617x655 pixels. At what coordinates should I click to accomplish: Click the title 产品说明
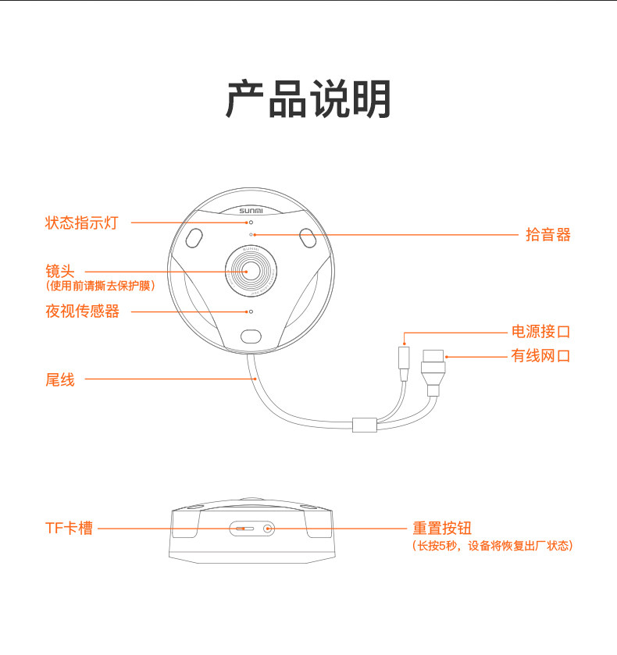tap(308, 99)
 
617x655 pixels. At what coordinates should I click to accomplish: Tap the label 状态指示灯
tap(81, 222)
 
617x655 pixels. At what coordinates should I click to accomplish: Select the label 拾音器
tap(547, 234)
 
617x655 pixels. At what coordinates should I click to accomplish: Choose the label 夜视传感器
tap(82, 311)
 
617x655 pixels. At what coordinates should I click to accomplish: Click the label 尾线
tap(59, 380)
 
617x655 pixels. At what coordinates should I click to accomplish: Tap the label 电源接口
tap(540, 332)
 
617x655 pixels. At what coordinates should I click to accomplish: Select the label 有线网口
tap(540, 356)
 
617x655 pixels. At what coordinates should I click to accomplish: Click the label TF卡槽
tap(69, 529)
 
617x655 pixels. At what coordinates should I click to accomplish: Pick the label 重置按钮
tap(442, 529)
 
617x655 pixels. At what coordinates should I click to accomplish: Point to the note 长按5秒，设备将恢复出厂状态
tap(492, 546)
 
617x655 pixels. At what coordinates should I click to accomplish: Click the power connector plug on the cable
tap(404, 360)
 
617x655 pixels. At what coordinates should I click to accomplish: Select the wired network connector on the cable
tap(434, 367)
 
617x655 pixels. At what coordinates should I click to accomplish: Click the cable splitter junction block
tap(365, 425)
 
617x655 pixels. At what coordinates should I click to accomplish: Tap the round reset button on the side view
tap(268, 529)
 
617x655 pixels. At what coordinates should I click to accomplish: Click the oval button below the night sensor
tap(251, 336)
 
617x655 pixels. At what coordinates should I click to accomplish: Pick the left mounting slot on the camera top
tap(195, 237)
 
